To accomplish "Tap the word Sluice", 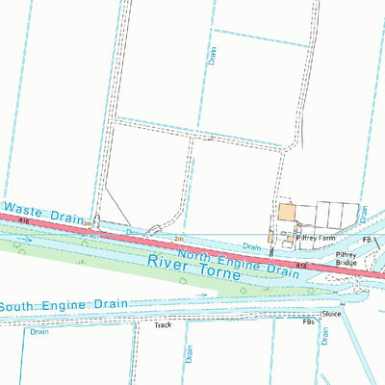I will tap(331, 314).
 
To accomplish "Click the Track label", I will tap(163, 325).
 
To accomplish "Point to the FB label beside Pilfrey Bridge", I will tap(366, 241).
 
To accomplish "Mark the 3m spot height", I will tap(88, 223).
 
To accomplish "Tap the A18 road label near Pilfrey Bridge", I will tap(301, 264).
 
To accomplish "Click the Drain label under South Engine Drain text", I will tap(39, 332).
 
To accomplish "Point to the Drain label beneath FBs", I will tap(325, 336).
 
